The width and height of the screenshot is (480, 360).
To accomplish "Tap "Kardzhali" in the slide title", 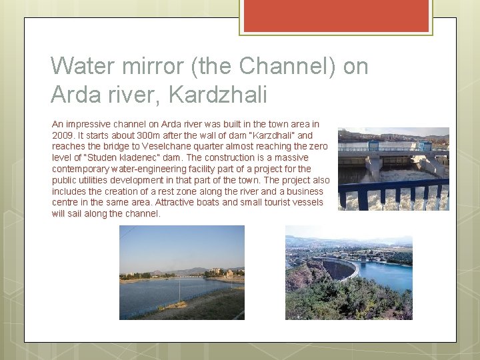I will [x=219, y=94].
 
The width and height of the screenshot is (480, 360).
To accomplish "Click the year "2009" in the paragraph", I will [x=63, y=135].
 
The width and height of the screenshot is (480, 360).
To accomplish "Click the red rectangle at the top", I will [x=336, y=15].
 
